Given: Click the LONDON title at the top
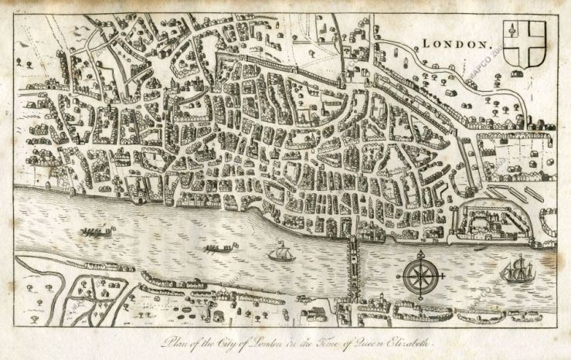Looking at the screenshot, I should point(457,45).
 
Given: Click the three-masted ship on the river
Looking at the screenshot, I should point(516,270).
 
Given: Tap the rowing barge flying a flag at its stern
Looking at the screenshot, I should point(216,249).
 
